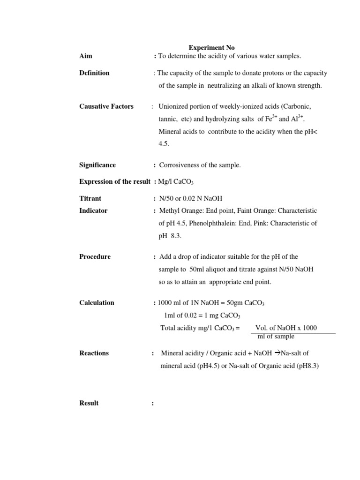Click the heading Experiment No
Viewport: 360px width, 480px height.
click(x=211, y=48)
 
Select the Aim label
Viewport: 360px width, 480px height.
click(x=86, y=56)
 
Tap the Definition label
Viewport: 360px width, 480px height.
click(x=94, y=73)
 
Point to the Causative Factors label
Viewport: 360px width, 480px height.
click(x=106, y=106)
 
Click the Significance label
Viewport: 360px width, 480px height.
click(x=97, y=165)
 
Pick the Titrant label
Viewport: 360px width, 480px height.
click(x=90, y=199)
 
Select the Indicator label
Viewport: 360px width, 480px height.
click(x=93, y=211)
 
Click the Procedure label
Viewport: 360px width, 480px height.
click(x=95, y=257)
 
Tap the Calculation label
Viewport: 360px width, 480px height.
click(x=97, y=303)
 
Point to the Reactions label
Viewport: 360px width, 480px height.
click(x=94, y=353)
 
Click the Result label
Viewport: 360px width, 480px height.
click(x=89, y=403)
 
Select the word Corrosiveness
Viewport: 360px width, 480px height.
click(x=180, y=165)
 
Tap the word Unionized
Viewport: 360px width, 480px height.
click(x=174, y=106)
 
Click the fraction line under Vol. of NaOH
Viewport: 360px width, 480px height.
click(x=293, y=334)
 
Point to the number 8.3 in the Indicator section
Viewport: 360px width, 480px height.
click(x=176, y=236)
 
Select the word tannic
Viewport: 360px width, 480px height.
click(x=167, y=120)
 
